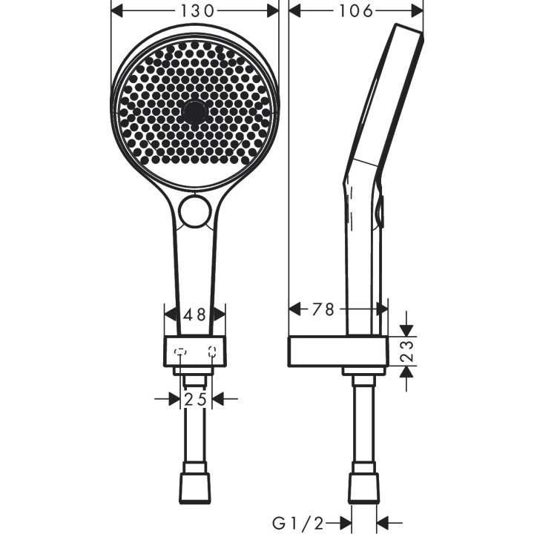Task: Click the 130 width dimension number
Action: click(x=194, y=11)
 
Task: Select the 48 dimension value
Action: click(x=194, y=314)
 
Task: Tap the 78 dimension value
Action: click(x=323, y=310)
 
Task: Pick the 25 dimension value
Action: click(x=196, y=400)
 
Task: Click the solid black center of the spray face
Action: click(x=194, y=112)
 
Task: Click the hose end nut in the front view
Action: click(x=196, y=487)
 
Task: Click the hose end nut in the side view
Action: click(x=363, y=487)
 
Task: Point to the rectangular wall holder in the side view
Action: click(x=338, y=351)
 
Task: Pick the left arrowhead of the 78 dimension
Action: click(x=295, y=310)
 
